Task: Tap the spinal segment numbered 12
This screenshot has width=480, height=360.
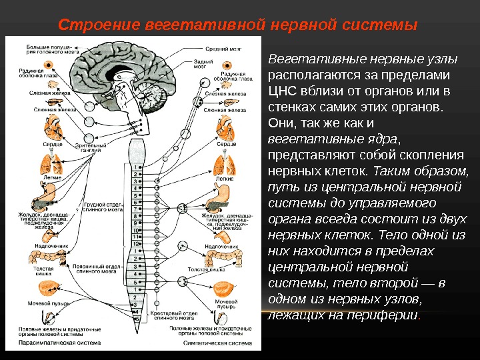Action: [x=137, y=244]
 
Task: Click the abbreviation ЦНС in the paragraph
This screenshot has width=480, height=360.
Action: [x=279, y=90]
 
